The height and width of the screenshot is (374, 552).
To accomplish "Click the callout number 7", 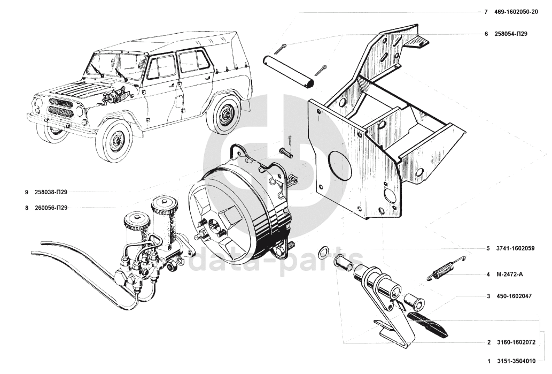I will point(486,12).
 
